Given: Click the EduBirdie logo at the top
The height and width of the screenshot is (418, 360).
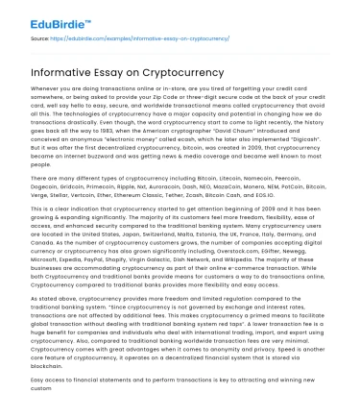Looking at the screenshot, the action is pyautogui.click(x=43, y=17).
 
